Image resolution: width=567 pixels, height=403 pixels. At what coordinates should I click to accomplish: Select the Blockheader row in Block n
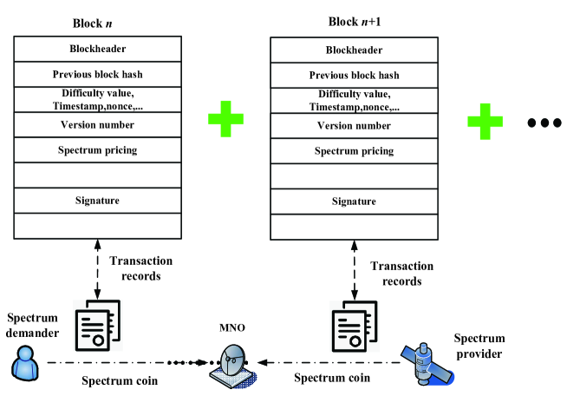[x=98, y=49]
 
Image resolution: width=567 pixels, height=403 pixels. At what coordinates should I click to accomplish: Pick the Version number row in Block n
[x=98, y=125]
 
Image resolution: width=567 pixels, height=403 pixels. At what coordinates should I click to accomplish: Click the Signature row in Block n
[x=98, y=201]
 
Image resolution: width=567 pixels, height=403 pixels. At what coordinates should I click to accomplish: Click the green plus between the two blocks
[x=225, y=122]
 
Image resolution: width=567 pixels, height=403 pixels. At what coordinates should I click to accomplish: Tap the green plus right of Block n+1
[x=486, y=122]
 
